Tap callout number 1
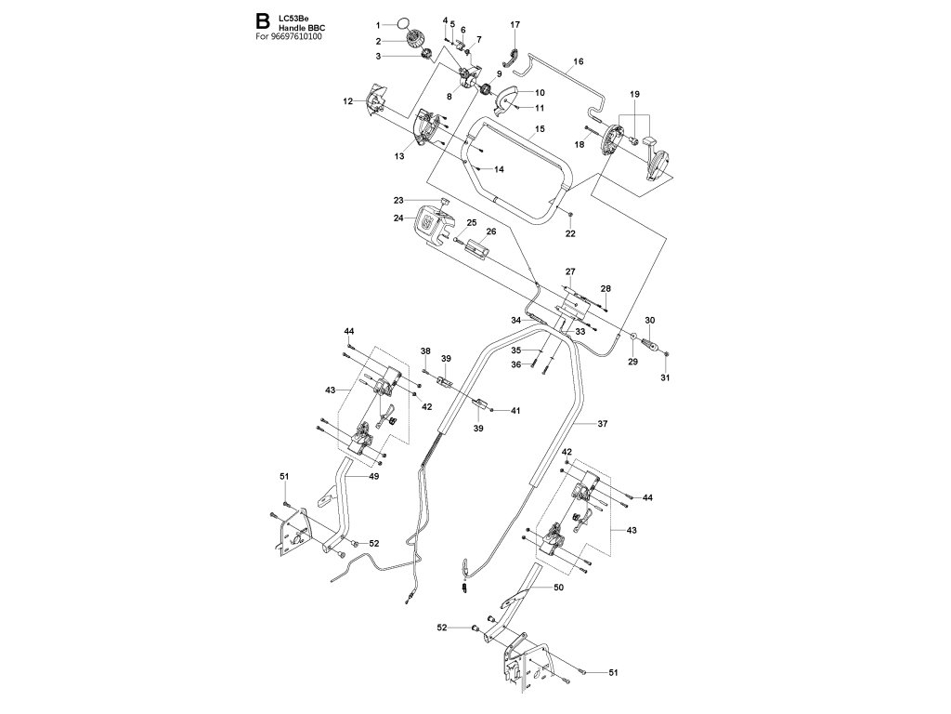tap(378, 22)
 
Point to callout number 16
tap(578, 61)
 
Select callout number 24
tap(397, 218)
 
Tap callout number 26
tap(491, 231)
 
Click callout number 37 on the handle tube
tap(602, 423)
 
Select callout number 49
tap(374, 476)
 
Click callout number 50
tap(558, 588)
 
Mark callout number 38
tap(425, 350)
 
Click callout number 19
tap(635, 95)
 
